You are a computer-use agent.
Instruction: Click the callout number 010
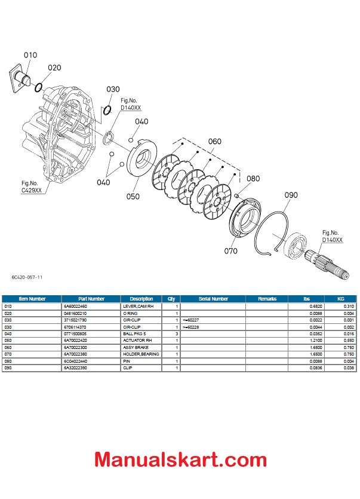(30, 55)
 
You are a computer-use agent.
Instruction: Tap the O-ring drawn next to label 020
(38, 87)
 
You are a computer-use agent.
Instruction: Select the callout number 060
(214, 142)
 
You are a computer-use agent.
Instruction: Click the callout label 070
(230, 251)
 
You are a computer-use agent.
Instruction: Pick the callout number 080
(253, 179)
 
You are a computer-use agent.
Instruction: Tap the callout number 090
(291, 195)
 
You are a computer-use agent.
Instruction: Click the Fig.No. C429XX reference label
(31, 186)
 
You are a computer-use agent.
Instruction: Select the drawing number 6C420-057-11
(26, 277)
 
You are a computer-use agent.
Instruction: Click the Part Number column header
(91, 298)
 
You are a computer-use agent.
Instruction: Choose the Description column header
(141, 298)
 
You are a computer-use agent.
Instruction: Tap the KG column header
(341, 298)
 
